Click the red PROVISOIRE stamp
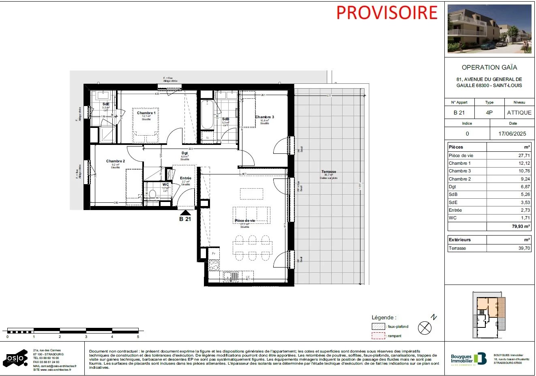[x=387, y=13]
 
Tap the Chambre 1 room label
[x=146, y=113]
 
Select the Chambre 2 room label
[x=116, y=161]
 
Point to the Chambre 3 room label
[x=264, y=117]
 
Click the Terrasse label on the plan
[x=328, y=172]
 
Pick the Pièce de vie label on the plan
[x=245, y=221]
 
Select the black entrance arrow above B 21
[x=185, y=212]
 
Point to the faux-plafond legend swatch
[x=378, y=327]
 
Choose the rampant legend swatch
[x=378, y=336]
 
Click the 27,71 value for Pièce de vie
[x=523, y=155]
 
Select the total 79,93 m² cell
[x=521, y=226]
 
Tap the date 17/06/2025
[x=512, y=134]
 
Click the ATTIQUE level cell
[x=519, y=113]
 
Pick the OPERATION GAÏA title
[x=489, y=68]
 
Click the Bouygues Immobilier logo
[x=468, y=359]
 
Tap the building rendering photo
[x=489, y=29]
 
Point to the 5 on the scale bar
[x=138, y=337]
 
